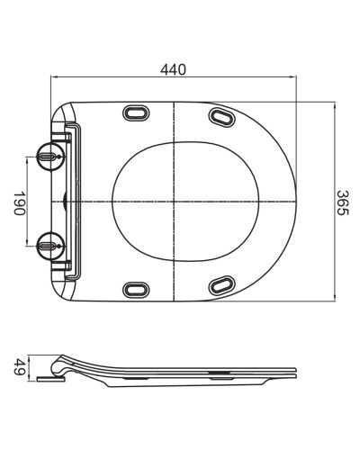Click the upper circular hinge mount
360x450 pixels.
tap(49, 157)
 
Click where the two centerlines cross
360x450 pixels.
tap(171, 200)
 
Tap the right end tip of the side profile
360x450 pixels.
tap(296, 371)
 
